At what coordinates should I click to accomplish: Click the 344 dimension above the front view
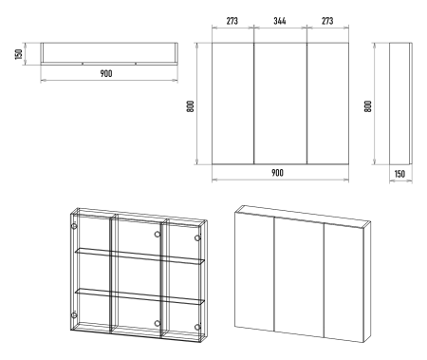280,21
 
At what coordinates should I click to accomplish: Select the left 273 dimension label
232,21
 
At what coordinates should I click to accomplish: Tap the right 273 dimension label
327,21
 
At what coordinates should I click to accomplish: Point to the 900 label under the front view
277,173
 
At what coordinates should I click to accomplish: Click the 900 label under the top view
106,73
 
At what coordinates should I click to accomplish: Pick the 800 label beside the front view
191,106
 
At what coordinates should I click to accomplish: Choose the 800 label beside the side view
368,106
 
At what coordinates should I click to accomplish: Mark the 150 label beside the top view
19,54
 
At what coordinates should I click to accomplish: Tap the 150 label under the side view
399,174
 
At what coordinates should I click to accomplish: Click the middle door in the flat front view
280,104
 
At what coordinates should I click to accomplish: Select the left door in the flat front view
232,104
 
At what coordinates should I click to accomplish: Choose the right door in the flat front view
327,104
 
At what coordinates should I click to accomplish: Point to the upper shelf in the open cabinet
139,256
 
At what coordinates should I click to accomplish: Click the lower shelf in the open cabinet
139,296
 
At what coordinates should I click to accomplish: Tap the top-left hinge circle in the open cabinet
74,226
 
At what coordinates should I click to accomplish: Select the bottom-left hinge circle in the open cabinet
74,315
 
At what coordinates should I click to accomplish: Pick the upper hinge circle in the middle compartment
158,235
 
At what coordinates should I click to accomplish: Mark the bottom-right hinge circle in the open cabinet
197,327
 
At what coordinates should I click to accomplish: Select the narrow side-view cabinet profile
400,104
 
